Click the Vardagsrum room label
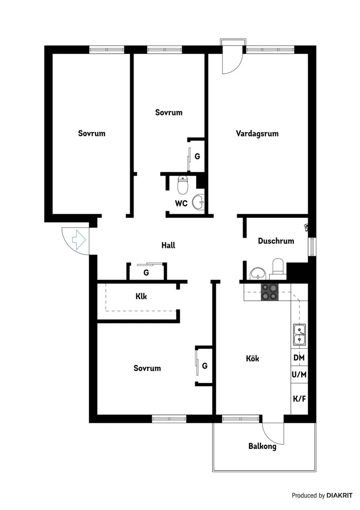257,133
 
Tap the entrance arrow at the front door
78,240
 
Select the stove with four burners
269,292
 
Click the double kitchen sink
300,334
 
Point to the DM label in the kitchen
299,358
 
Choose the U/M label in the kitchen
299,375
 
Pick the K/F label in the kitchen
299,398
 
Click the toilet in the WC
182,184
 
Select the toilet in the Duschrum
278,267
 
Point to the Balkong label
262,446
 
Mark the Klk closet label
141,296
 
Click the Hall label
168,245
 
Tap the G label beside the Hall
146,272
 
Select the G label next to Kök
205,366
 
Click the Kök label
252,359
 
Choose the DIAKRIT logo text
340,496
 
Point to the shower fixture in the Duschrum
306,227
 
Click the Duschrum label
276,241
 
